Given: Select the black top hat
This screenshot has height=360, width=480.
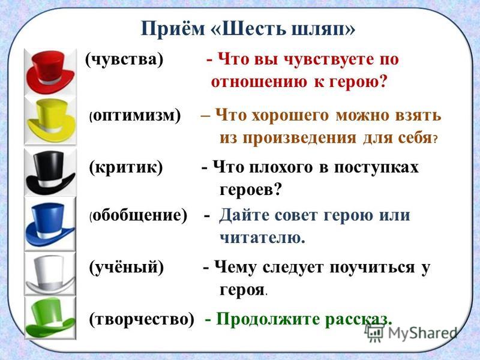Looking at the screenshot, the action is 50,172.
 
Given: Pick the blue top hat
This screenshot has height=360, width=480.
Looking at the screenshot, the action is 50,224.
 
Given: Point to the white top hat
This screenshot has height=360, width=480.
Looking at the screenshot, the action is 50,275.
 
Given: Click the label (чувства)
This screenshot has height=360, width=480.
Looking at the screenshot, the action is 124,59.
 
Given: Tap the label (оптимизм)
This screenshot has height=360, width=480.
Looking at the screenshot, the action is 135,116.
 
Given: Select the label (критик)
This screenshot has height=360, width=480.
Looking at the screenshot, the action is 126,167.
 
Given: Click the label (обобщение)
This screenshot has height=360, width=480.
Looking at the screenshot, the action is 138,215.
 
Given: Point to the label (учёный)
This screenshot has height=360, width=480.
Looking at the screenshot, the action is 127,267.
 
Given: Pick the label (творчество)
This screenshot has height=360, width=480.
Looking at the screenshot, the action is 142,319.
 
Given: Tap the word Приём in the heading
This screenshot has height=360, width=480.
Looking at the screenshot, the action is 173,29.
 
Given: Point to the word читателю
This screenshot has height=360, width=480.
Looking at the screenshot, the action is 262,238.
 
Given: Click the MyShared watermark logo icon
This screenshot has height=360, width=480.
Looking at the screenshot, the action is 374,332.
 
